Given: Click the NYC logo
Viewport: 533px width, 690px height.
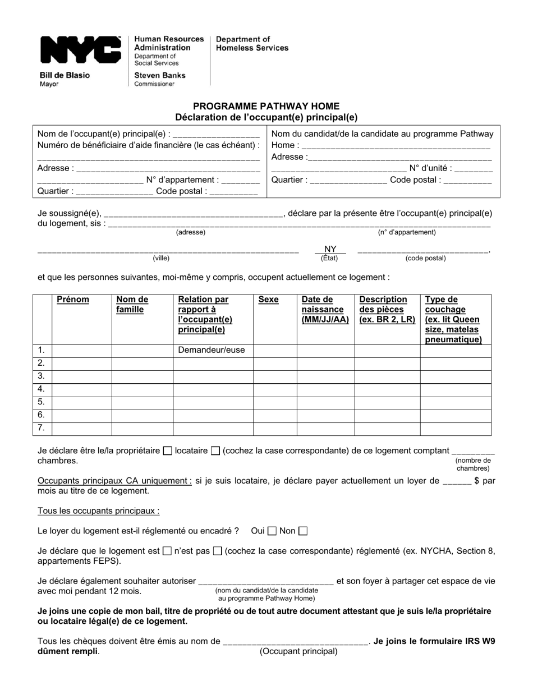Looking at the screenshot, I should tap(80, 50).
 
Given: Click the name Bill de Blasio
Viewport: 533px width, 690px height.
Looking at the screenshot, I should tap(64, 75).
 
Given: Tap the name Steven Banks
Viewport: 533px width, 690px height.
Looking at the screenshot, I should tap(159, 75).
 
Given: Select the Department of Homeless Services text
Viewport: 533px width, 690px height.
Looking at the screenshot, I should tap(252, 44).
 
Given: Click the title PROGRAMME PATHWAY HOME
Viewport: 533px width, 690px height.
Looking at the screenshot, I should tap(266, 106).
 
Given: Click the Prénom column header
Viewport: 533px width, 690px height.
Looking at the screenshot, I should tap(73, 300).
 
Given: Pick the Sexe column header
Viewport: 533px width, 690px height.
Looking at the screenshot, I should tap(268, 300).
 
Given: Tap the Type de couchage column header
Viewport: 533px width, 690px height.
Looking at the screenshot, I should tap(453, 319).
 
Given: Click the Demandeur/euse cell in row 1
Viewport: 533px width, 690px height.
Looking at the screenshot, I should tap(212, 351).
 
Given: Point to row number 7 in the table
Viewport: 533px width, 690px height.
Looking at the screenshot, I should tap(41, 429).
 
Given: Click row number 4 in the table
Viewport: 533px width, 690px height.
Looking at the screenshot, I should tap(41, 389).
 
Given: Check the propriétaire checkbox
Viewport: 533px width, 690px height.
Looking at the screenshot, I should tap(167, 450).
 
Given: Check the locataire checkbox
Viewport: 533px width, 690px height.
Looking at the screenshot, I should tap(215, 450).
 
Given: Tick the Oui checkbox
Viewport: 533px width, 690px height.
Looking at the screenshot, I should tap(272, 531).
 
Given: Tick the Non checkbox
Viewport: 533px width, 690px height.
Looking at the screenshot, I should tap(303, 531).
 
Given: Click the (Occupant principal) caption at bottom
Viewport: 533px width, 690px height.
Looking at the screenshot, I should tap(298, 651).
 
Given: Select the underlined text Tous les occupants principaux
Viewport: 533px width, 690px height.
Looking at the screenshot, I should tap(98, 511).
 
